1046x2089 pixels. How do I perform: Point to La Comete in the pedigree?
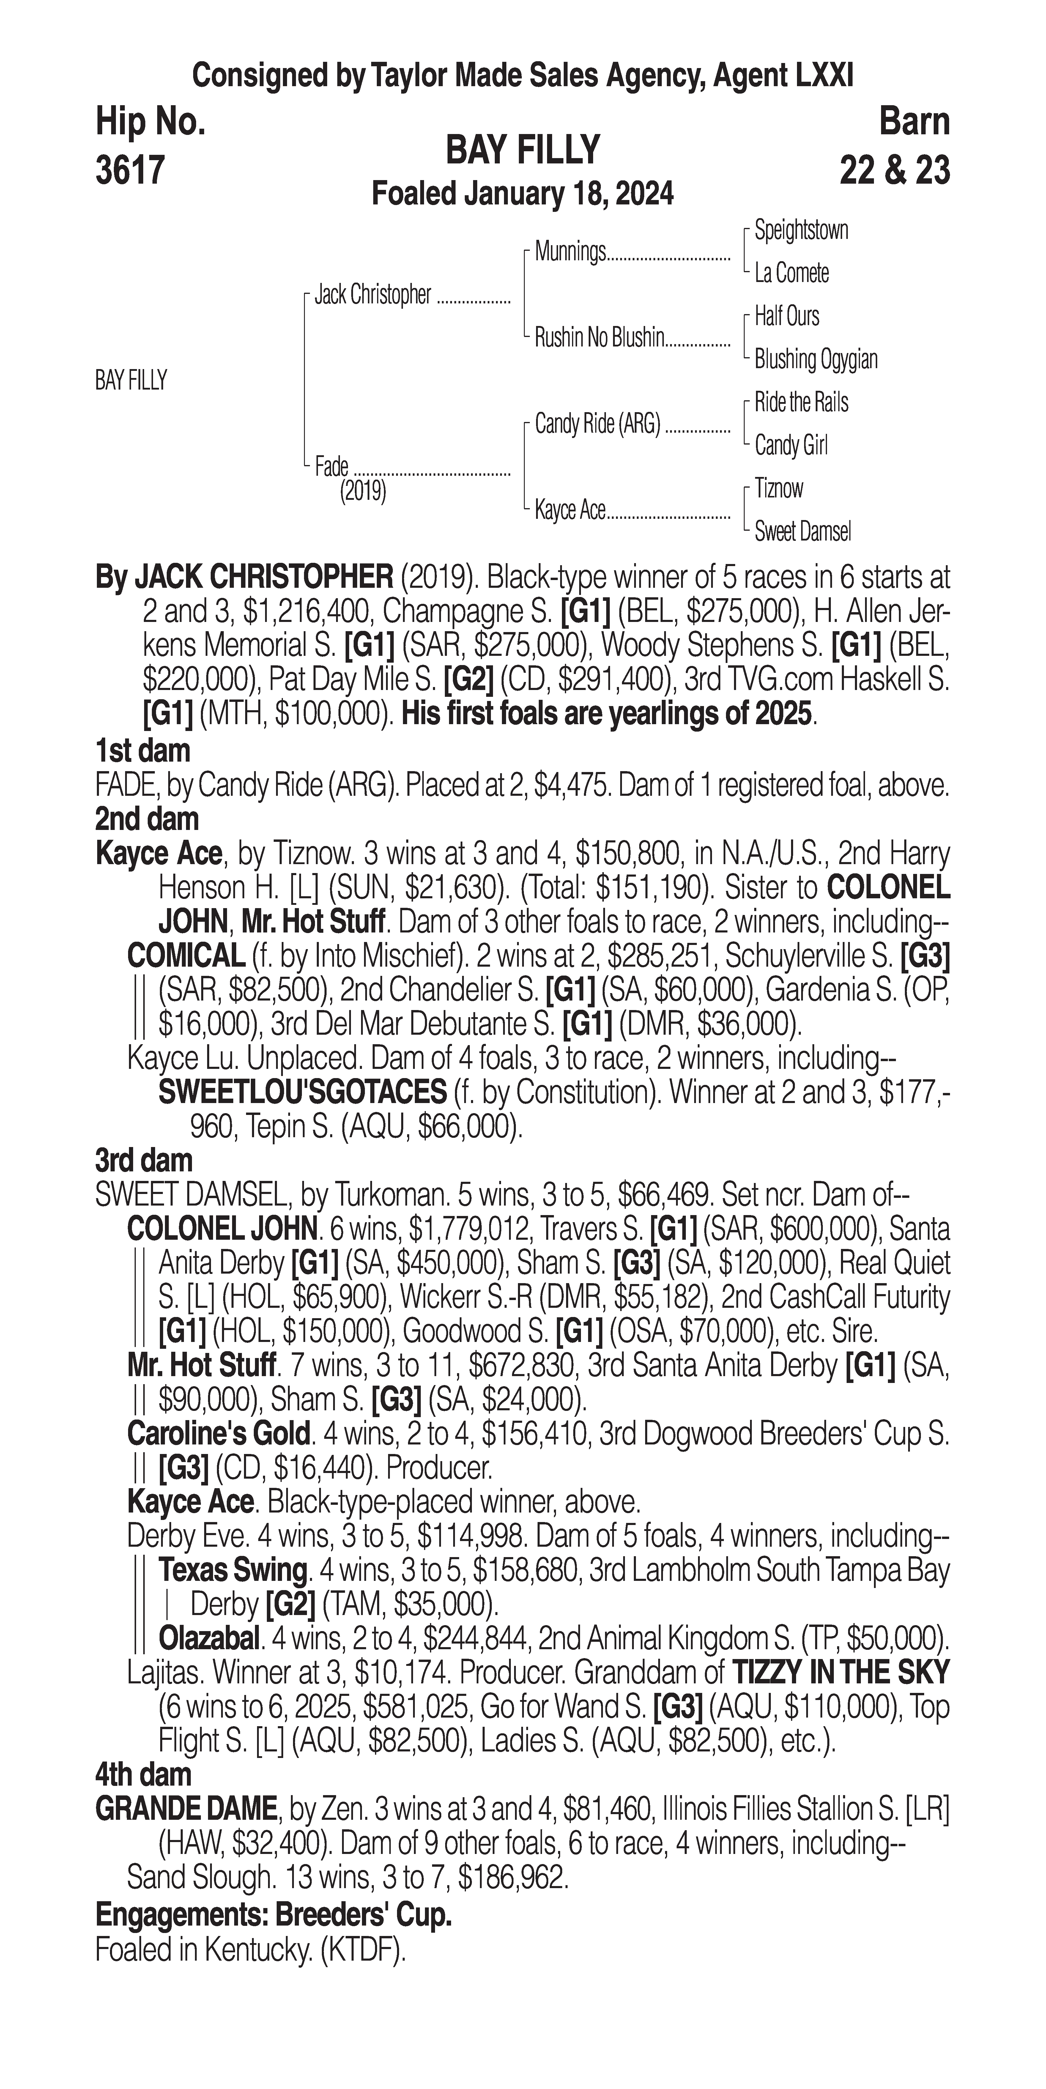pos(791,273)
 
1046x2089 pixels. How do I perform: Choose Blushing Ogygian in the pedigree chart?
pos(816,359)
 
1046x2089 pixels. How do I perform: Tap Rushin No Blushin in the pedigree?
pos(599,338)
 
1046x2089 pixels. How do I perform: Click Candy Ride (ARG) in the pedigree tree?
pos(598,424)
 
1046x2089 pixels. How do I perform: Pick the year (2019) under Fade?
pos(363,491)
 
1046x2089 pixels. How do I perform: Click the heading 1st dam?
pos(143,751)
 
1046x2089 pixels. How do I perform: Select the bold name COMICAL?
pos(186,956)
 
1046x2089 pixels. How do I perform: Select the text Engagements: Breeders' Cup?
pos(273,1915)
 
